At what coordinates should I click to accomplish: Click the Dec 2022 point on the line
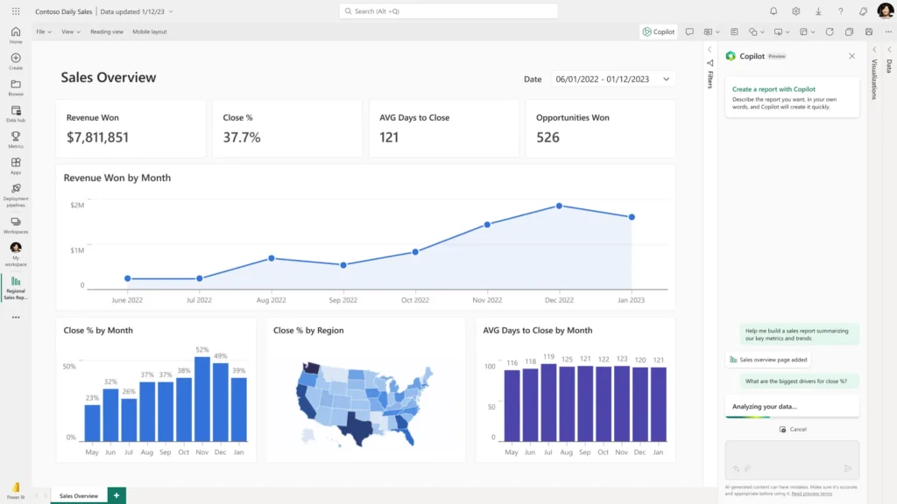(559, 206)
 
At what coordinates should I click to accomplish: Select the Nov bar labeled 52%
(202, 398)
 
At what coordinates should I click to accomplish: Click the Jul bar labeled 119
(548, 402)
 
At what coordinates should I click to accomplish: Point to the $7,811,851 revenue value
(97, 137)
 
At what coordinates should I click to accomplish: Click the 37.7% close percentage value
(242, 137)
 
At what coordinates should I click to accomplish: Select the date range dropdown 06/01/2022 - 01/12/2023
(612, 79)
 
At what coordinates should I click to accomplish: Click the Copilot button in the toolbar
(659, 31)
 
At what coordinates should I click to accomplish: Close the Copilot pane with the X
(851, 56)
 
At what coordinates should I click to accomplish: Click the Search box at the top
(448, 11)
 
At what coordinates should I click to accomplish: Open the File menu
(43, 31)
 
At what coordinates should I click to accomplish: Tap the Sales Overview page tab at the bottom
(79, 496)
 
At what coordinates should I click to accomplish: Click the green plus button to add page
(117, 495)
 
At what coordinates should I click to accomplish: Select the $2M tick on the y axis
(77, 205)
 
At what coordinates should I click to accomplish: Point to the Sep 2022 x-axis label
(343, 300)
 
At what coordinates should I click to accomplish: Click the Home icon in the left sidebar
(16, 32)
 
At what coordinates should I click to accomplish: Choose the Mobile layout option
(150, 31)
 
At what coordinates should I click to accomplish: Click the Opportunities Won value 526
(547, 137)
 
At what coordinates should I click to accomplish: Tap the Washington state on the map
(312, 367)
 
